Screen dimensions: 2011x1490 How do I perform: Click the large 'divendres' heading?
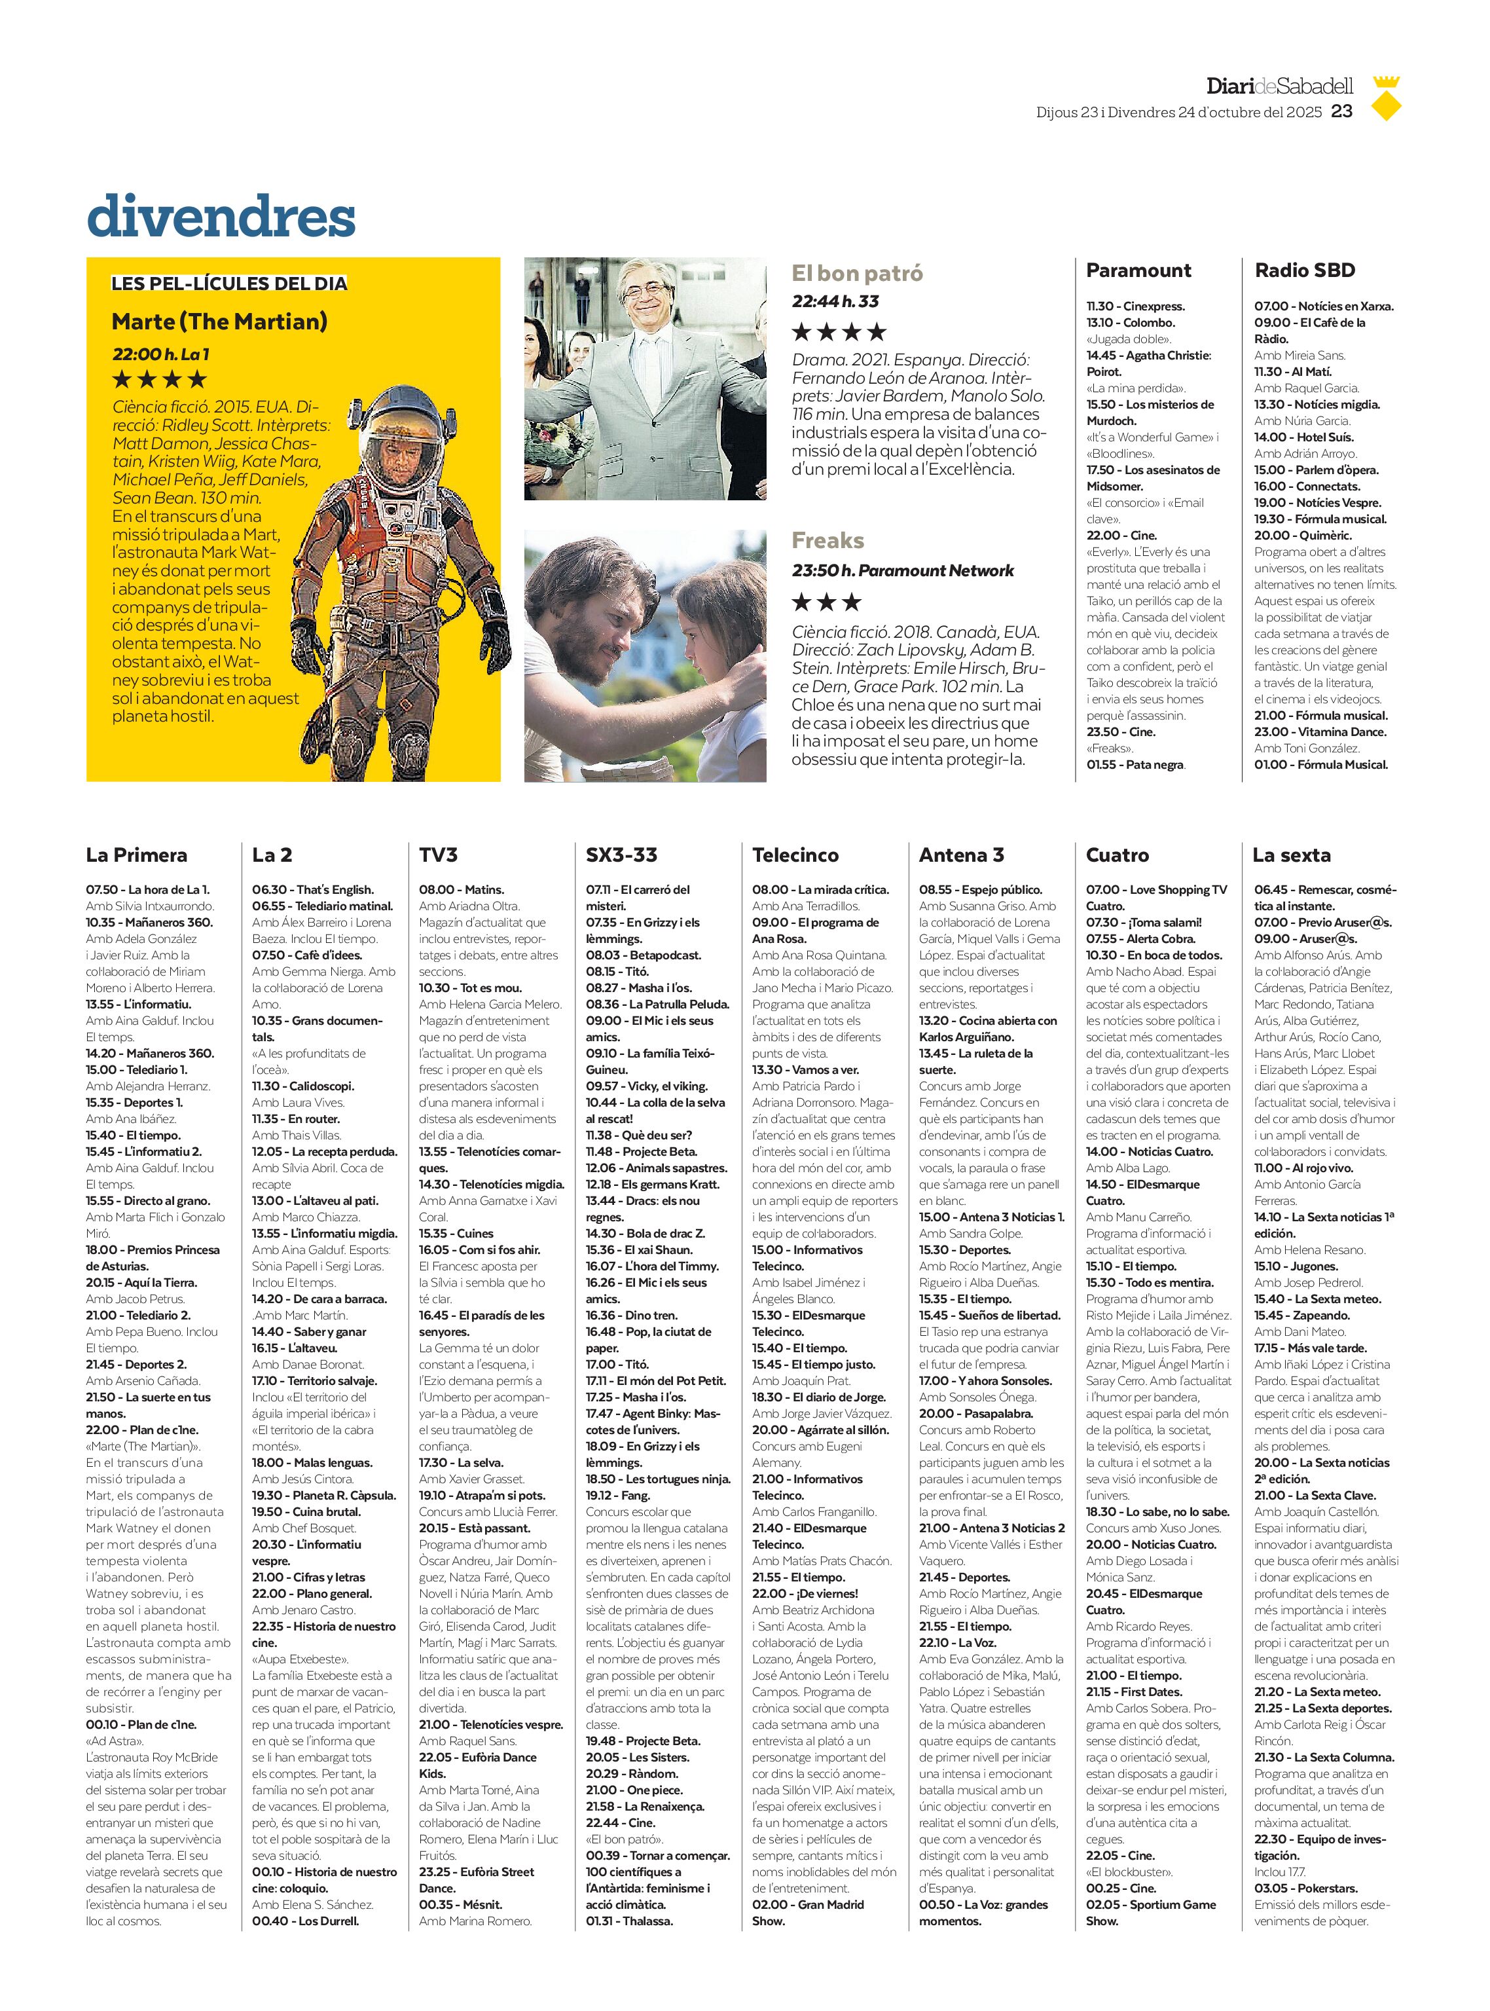(x=221, y=217)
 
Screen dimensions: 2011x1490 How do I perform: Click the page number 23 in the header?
(x=1342, y=111)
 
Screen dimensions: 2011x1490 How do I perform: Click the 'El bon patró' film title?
(x=857, y=273)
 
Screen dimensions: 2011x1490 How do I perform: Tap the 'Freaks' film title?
(x=827, y=540)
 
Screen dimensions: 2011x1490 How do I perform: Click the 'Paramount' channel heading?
(x=1138, y=270)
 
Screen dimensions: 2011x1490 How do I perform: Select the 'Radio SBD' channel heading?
(x=1304, y=270)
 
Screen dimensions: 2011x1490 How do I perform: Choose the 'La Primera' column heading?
(x=136, y=855)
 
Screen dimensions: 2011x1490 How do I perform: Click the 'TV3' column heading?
(x=439, y=855)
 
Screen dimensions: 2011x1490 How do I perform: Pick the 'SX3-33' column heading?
(x=621, y=855)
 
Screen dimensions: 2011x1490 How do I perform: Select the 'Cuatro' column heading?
(x=1117, y=855)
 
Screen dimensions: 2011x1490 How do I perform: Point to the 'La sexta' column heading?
(x=1291, y=855)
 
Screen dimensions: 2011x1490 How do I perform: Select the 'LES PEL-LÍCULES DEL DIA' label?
(x=229, y=284)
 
